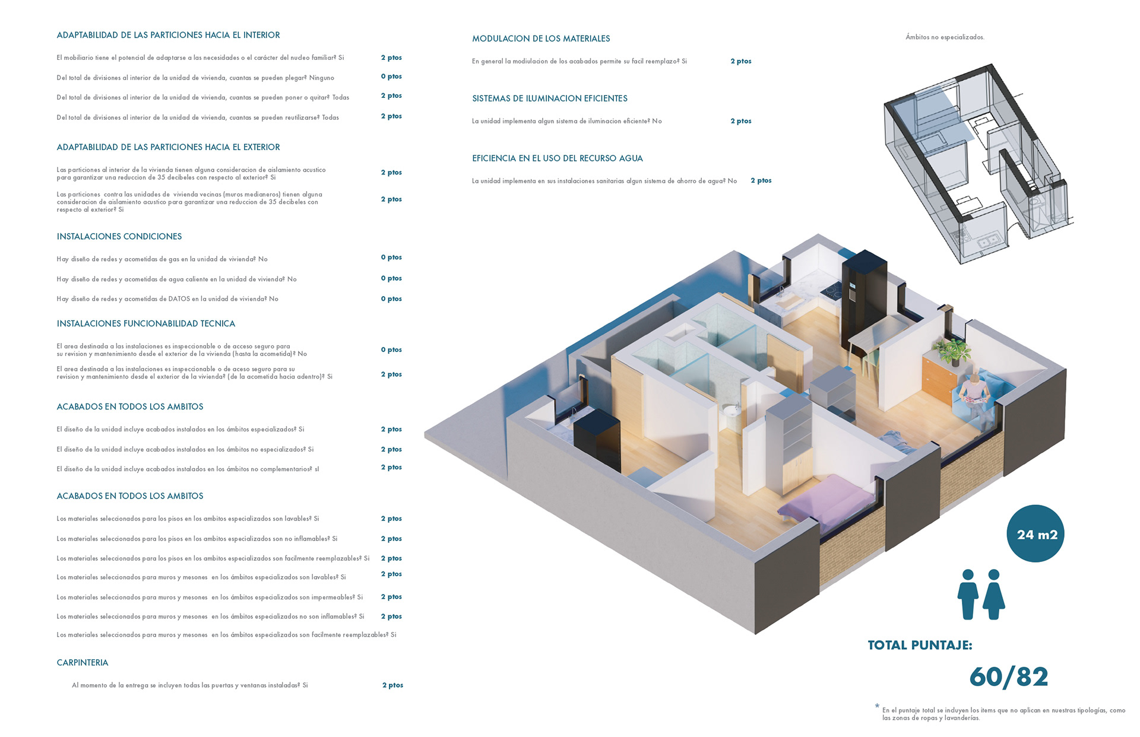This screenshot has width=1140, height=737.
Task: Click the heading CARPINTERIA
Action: [83, 663]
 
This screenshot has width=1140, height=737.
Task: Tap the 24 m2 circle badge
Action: [1036, 534]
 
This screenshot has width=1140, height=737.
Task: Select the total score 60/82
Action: [1009, 677]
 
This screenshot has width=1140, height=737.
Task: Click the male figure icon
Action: [968, 595]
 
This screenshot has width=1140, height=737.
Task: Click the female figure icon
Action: [994, 595]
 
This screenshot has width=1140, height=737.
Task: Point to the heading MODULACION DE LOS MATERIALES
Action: [541, 39]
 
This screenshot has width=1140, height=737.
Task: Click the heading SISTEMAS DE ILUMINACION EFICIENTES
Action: [550, 99]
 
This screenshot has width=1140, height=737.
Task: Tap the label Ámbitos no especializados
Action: [945, 37]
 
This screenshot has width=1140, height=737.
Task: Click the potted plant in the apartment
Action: [951, 350]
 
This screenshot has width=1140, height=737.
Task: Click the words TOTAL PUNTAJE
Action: [920, 646]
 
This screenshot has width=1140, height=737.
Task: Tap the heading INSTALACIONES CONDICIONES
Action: [119, 237]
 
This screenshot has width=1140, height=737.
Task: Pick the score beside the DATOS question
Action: [391, 299]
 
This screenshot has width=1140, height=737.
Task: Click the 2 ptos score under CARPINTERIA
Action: [392, 685]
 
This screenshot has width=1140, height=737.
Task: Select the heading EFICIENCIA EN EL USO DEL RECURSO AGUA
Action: [558, 158]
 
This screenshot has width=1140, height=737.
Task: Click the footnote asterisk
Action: [877, 706]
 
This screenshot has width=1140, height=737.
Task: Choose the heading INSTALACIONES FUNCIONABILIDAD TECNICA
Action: [146, 324]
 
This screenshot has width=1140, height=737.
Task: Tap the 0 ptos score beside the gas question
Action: [391, 258]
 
